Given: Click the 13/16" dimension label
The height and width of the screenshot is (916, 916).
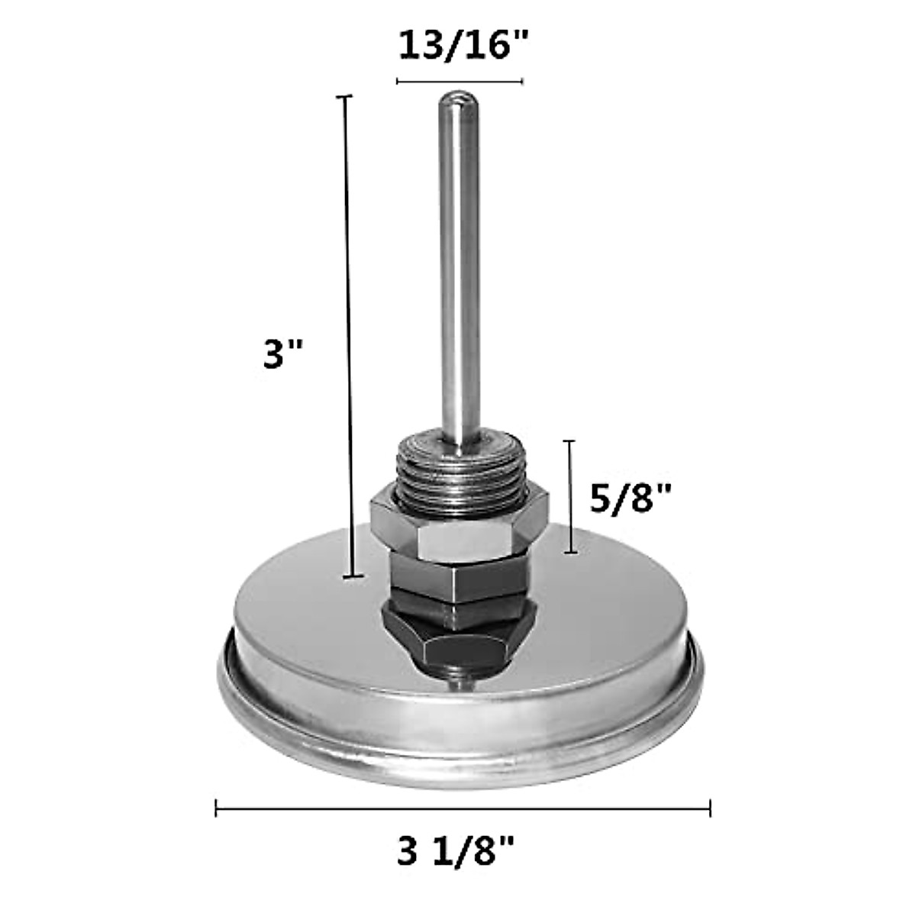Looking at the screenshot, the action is click(x=460, y=46).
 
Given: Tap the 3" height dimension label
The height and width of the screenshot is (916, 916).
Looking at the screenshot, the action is click(x=283, y=353).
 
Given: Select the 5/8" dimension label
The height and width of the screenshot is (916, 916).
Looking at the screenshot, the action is click(x=630, y=498).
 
